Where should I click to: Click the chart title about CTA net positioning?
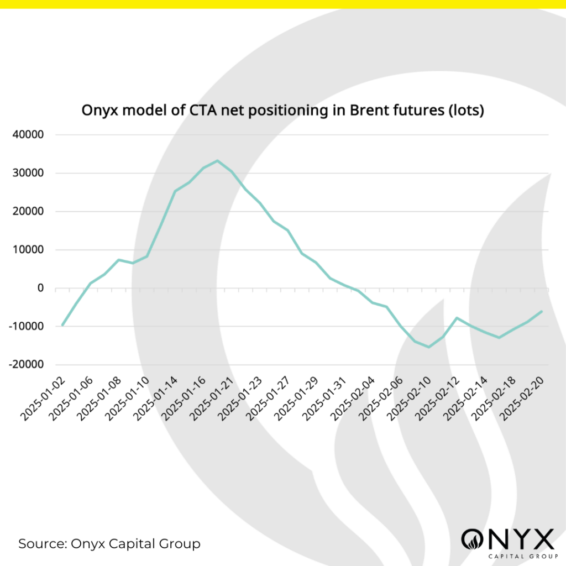click(282, 111)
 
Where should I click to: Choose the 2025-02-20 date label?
click(521, 397)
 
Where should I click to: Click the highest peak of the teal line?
click(217, 161)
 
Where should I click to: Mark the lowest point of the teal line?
click(429, 347)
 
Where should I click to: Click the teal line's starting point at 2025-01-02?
click(62, 325)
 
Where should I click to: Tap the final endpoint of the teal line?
click(542, 311)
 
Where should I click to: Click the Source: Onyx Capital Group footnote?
click(109, 543)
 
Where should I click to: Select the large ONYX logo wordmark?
click(507, 539)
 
